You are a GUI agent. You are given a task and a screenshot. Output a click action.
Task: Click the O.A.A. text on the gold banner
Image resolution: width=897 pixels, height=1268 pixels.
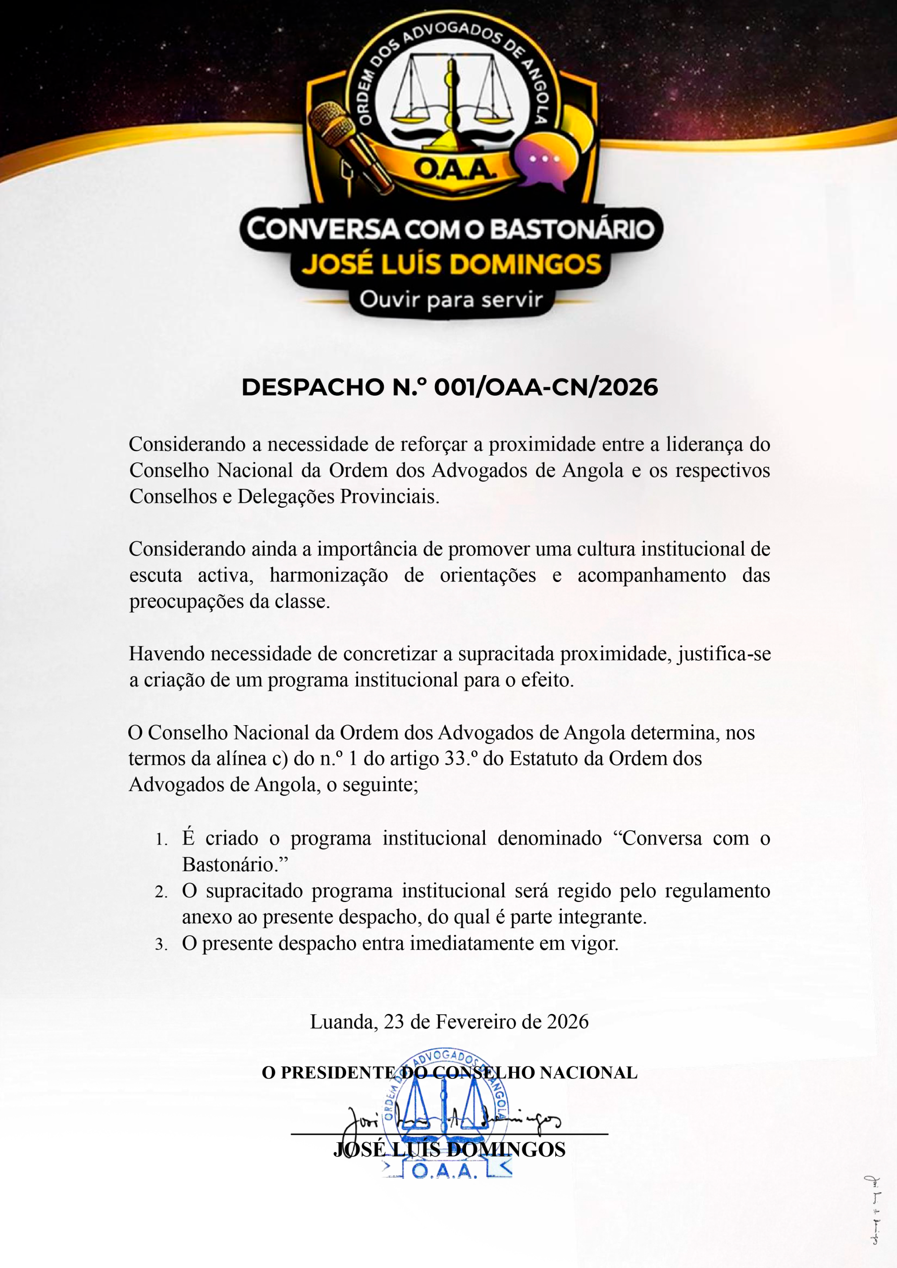coord(455,169)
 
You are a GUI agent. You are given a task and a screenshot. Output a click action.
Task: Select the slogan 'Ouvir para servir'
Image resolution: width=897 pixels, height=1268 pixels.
coord(451,300)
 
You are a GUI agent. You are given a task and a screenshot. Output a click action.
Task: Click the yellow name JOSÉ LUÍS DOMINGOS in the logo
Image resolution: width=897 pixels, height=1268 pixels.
coord(451,264)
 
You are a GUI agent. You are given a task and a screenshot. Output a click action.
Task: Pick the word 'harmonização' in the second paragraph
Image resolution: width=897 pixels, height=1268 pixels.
coord(329,576)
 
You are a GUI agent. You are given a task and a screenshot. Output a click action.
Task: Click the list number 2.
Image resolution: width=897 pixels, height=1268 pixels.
coord(161,893)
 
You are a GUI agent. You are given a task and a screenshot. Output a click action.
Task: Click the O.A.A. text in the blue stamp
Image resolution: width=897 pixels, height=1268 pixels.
coord(443,1171)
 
